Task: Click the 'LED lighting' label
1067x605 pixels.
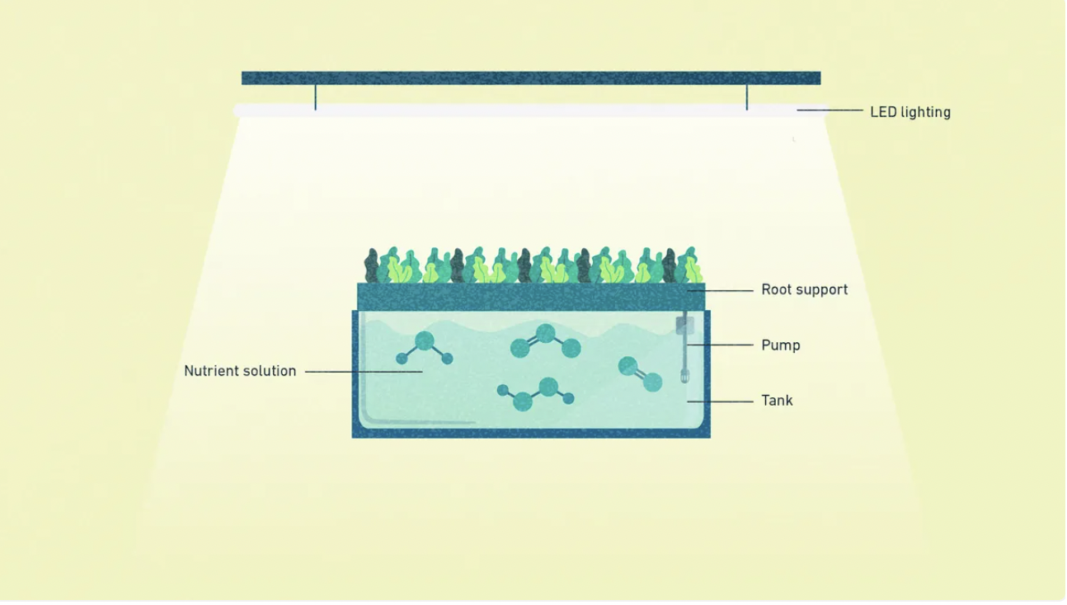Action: [910, 112]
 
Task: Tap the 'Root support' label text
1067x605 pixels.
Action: [804, 290]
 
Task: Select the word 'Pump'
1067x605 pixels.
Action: [780, 345]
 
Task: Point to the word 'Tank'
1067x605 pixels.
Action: [777, 401]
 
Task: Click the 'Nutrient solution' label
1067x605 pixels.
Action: [240, 371]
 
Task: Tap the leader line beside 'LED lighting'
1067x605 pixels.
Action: [829, 110]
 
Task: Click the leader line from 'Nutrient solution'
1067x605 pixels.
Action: [363, 372]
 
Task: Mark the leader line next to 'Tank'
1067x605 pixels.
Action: [722, 401]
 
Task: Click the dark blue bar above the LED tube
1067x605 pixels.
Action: [530, 78]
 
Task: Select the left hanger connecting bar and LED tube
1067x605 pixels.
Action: [315, 97]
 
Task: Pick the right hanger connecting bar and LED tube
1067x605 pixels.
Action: [747, 97]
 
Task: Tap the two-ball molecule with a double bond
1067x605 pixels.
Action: [640, 373]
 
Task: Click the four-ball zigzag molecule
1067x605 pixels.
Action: [536, 395]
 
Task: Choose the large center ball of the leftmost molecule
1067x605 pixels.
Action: [425, 341]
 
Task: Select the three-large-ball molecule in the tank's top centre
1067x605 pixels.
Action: [545, 341]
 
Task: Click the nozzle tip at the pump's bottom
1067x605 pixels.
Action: [684, 378]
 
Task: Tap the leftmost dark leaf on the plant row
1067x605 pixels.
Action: [372, 266]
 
